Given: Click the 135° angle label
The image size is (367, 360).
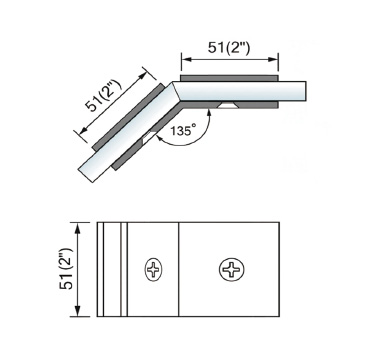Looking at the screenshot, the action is [183, 130].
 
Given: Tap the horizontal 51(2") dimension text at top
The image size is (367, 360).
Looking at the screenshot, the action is [229, 48].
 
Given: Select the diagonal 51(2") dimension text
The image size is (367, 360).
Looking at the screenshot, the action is [104, 96].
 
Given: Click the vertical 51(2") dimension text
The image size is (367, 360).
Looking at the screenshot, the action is [66, 269].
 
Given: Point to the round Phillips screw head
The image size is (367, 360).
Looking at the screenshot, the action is [232, 269].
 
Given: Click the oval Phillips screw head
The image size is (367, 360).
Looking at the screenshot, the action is [154, 269].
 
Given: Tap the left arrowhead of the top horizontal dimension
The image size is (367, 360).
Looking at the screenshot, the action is [186, 59].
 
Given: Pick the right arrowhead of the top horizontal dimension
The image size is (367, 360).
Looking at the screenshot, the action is [273, 59].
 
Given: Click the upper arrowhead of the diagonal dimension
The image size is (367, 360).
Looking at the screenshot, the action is [143, 75].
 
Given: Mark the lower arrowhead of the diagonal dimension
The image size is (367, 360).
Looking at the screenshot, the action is [85, 129].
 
